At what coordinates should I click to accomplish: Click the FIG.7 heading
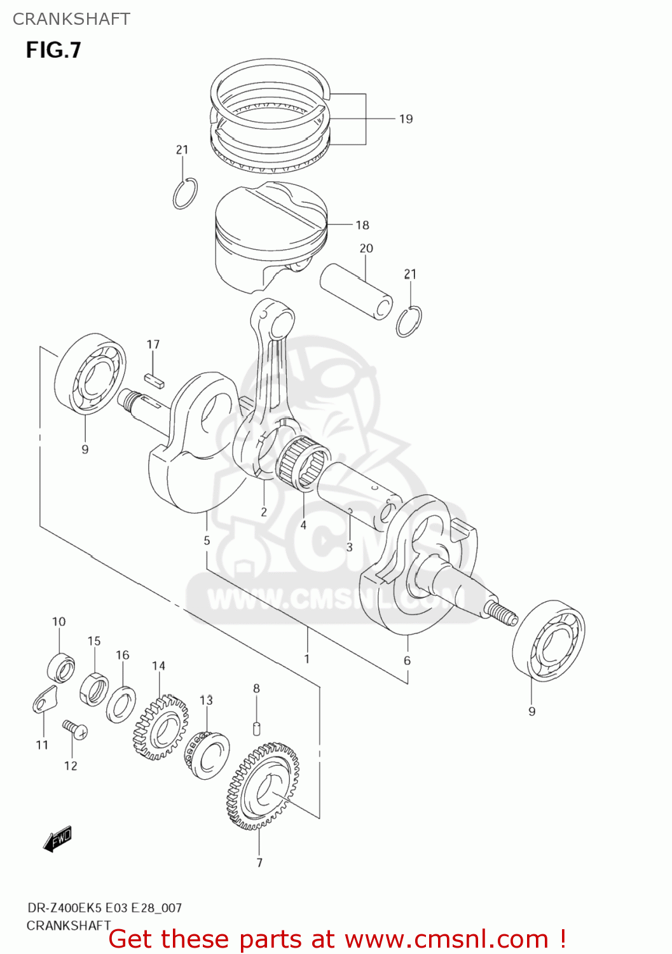point(53,50)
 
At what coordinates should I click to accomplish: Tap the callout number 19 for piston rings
point(406,119)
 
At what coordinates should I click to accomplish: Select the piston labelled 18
point(270,238)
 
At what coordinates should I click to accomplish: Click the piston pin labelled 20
point(356,291)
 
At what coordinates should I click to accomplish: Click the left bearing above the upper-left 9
point(90,373)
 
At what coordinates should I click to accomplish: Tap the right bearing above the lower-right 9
point(548,640)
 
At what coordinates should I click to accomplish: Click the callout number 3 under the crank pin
point(349,547)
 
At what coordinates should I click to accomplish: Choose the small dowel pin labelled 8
point(257,727)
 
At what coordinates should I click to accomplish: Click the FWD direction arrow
point(57,840)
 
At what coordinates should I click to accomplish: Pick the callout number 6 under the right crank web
point(407,661)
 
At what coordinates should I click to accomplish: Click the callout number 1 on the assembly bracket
point(306,659)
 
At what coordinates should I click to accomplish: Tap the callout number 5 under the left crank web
point(207,541)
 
